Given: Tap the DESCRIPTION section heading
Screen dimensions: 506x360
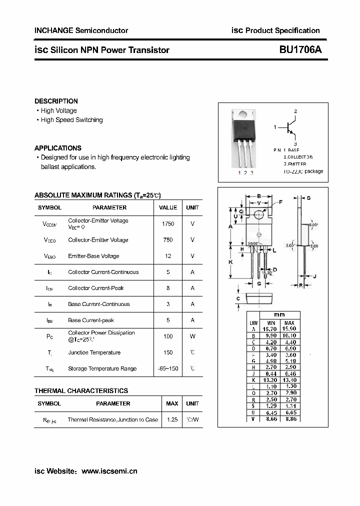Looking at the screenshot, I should pos(56,101).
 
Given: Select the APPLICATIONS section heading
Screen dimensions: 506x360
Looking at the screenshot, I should pos(57,148).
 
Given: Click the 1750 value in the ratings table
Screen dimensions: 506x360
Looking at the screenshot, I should pos(168,224).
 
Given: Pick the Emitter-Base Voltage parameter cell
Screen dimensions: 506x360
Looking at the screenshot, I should pos(93,256).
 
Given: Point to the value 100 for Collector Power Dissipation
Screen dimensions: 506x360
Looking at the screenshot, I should pos(168,336).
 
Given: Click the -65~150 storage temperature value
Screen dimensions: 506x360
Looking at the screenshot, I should pos(168,368).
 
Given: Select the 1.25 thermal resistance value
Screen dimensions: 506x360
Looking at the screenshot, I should pos(172,419).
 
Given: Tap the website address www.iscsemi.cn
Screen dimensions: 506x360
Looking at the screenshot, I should pos(109,471).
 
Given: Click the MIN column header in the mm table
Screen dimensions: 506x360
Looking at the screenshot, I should pos(271,323).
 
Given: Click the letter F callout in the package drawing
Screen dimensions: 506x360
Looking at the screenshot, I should pos(280,202).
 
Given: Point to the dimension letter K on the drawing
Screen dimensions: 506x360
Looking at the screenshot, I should pos(230,262).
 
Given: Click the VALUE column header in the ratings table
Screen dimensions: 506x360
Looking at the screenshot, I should pos(168,207).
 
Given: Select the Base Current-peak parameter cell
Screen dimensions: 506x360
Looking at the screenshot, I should pos(91,320).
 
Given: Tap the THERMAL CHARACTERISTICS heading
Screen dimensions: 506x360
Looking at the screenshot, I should pos(81,390).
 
